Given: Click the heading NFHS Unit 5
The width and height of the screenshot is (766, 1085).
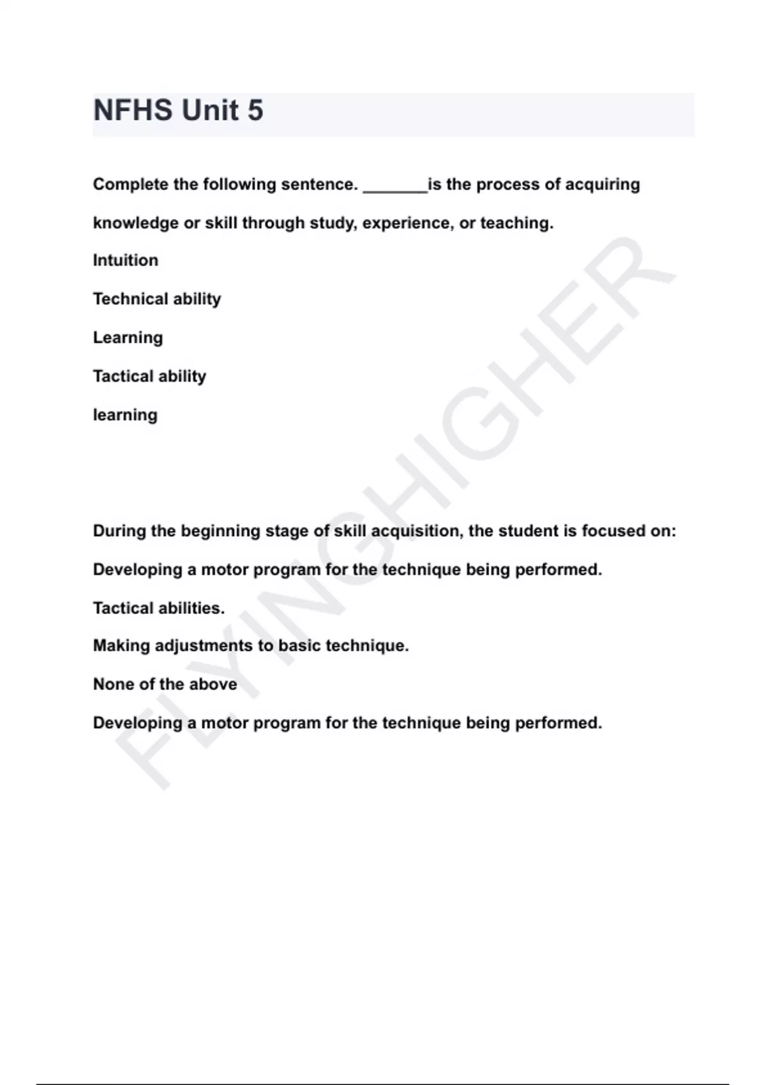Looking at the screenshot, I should (178, 110).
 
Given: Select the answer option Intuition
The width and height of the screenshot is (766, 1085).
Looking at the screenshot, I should (126, 260).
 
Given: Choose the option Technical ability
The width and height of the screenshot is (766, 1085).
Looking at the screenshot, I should (157, 299).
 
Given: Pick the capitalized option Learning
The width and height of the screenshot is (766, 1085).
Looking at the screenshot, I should (128, 338).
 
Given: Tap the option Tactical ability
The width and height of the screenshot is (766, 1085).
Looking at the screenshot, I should (149, 376).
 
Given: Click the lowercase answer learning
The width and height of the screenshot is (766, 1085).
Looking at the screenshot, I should (125, 415).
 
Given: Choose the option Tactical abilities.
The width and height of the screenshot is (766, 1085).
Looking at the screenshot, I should (159, 608).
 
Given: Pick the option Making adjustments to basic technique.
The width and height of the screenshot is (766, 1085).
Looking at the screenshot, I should (251, 646).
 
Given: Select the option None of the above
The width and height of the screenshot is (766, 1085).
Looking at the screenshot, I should (165, 684).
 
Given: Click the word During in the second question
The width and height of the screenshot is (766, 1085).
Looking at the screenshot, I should (119, 531).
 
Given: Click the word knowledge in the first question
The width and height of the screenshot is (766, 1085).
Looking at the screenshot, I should (135, 223).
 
